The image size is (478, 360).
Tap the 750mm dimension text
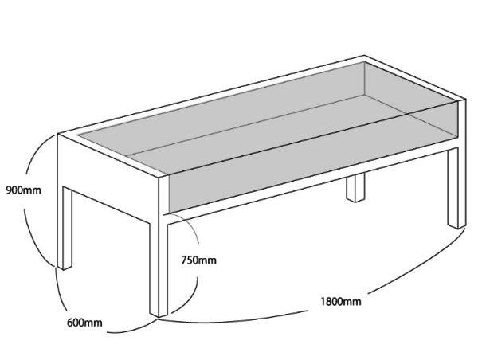pyautogui.click(x=198, y=260)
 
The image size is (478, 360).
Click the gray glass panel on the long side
pyautogui.click(x=311, y=163)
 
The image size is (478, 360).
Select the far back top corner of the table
pyautogui.click(x=366, y=59)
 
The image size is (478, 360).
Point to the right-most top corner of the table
pyautogui.click(x=463, y=100)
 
